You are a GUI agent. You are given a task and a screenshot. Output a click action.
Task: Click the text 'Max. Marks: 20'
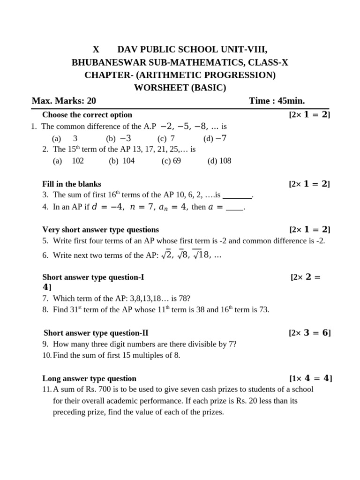(x=64, y=100)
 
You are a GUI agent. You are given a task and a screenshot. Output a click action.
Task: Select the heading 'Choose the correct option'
(x=87, y=115)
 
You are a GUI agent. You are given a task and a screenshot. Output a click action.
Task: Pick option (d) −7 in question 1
(x=215, y=138)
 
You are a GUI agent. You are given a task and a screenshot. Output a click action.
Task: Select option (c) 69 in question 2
(x=172, y=161)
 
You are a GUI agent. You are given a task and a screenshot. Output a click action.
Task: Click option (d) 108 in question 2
(x=219, y=161)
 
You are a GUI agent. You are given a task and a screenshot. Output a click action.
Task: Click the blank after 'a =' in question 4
(x=234, y=207)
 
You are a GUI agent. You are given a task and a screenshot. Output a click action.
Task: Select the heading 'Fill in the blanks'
(x=72, y=184)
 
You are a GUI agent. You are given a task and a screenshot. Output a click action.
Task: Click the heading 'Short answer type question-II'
(x=96, y=333)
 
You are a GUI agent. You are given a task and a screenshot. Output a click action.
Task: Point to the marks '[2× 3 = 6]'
(x=310, y=333)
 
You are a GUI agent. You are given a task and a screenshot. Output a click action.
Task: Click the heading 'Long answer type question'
(x=90, y=378)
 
